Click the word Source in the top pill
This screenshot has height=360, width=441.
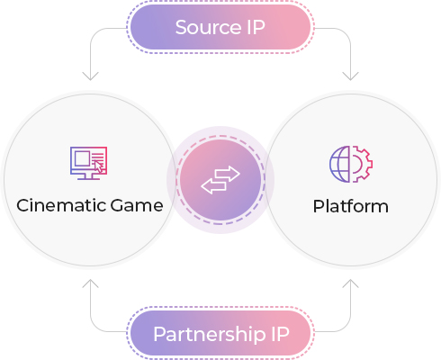click(x=208, y=28)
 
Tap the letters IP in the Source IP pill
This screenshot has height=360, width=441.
click(x=256, y=28)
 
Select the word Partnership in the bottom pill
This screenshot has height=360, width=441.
click(x=210, y=335)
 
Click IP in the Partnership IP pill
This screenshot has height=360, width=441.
click(x=280, y=334)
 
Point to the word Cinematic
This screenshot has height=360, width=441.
click(x=61, y=205)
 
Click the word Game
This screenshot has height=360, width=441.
click(x=137, y=206)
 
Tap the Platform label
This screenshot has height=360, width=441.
click(x=350, y=206)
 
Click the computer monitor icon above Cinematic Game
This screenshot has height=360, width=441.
click(x=88, y=163)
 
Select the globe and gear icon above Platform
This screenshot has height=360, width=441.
click(x=351, y=164)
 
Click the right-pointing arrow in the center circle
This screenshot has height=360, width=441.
click(x=228, y=174)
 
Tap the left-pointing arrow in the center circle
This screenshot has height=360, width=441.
click(x=213, y=186)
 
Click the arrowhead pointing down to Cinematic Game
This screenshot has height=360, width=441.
click(x=90, y=76)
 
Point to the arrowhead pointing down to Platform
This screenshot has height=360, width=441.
click(x=350, y=76)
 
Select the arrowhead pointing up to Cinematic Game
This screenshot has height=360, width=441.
click(x=90, y=283)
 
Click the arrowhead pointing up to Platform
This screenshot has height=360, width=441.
click(x=350, y=283)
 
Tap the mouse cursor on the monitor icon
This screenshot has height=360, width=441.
click(x=98, y=166)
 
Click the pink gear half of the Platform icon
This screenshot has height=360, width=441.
click(x=362, y=164)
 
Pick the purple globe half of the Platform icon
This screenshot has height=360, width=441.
click(x=339, y=164)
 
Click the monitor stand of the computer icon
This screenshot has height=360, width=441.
click(x=88, y=177)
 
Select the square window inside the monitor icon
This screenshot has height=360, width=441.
click(x=83, y=158)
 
